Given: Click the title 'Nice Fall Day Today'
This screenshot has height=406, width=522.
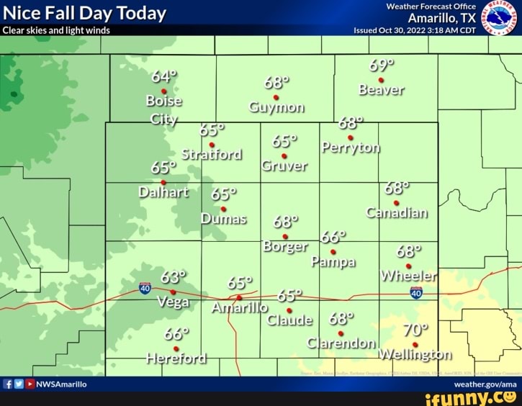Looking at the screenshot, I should pos(85,13).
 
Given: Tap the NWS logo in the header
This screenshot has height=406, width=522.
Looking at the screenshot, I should pos(499,18).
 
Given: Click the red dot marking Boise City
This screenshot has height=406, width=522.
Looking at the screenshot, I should pos(164,91).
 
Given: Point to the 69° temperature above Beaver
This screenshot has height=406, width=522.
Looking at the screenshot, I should pos(381,66).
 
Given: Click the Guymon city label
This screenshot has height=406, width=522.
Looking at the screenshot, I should pos(276,109).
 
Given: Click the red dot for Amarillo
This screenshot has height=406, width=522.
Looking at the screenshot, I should pos(239,297).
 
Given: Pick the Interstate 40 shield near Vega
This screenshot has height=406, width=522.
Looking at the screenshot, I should pos(145,288).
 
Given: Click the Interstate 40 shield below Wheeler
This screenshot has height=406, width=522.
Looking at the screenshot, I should pos(415,292).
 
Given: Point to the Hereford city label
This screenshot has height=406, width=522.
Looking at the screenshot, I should pos(176,358).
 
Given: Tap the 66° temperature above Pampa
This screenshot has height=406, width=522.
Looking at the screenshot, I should pos(334,238).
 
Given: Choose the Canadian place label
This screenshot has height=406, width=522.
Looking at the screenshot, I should pos(397,213).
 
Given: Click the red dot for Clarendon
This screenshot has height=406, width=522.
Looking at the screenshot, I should pos(341,333).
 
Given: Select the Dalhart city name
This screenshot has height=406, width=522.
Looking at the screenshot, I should pos(163,192).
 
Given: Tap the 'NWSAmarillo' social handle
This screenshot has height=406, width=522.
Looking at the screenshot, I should pos(62,384).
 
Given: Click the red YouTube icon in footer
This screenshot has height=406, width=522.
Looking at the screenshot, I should pos(30,384).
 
